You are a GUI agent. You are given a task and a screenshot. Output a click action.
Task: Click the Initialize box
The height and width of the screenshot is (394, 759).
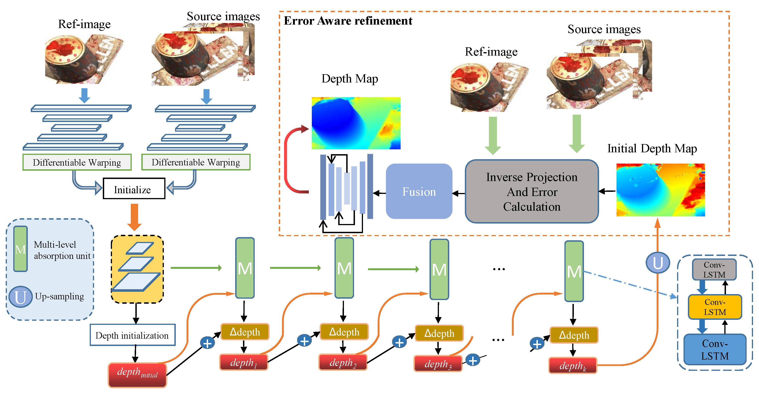click(134, 189)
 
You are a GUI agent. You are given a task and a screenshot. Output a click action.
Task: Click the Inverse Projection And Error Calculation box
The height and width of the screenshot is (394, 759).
click(532, 191)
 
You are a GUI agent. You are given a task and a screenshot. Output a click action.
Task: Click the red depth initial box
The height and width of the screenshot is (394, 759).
click(137, 374)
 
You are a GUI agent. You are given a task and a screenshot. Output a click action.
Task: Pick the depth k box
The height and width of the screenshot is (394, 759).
click(572, 366)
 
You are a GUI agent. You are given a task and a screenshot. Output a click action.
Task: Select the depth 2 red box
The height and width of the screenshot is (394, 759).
click(343, 363)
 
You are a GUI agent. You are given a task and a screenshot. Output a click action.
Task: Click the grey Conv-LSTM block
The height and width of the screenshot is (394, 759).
click(714, 269)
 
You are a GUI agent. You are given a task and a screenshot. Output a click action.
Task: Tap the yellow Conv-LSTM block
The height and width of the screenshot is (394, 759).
click(714, 307)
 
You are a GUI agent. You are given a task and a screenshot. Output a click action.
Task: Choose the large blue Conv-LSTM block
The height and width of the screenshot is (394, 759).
click(714, 349)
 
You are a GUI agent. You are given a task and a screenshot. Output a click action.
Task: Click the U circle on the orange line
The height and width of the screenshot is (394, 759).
click(658, 262)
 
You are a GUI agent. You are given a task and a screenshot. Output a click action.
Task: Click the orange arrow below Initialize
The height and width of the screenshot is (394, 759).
click(134, 217)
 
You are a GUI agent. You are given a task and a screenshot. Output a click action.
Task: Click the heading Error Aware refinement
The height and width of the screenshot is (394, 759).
click(348, 21)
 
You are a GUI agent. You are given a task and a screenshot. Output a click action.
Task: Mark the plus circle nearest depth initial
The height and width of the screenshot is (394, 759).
click(207, 343)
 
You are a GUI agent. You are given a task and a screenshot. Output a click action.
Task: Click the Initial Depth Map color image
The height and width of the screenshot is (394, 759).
click(660, 190)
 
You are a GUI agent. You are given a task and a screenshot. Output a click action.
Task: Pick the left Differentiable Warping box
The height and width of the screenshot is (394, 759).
click(77, 162)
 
